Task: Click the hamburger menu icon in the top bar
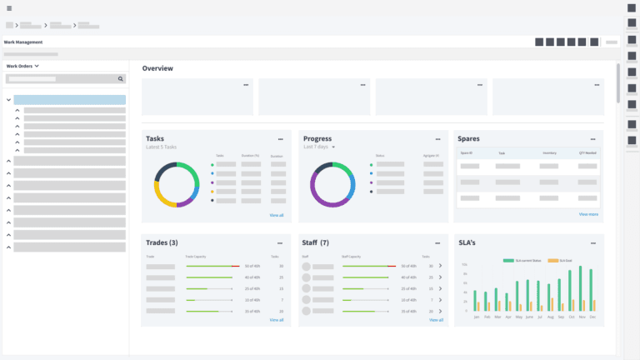pyautogui.click(x=9, y=8)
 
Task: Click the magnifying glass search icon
pyautogui.click(x=120, y=79)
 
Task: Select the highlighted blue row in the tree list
pyautogui.click(x=69, y=100)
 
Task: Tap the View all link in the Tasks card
pyautogui.click(x=276, y=215)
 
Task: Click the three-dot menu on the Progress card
pyautogui.click(x=437, y=139)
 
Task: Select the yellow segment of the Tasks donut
pyautogui.click(x=163, y=197)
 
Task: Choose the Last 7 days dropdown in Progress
pyautogui.click(x=319, y=147)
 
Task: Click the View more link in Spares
pyautogui.click(x=588, y=214)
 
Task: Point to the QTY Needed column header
pyautogui.click(x=587, y=153)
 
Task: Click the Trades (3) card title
pyautogui.click(x=162, y=242)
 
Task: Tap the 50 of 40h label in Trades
pyautogui.click(x=253, y=266)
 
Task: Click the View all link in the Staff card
pyautogui.click(x=436, y=320)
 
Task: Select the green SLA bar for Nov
pyautogui.click(x=581, y=288)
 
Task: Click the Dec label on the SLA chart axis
pyautogui.click(x=592, y=317)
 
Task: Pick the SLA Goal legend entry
pyautogui.click(x=553, y=261)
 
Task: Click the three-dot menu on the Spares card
pyautogui.click(x=592, y=139)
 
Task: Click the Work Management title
pyautogui.click(x=23, y=42)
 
